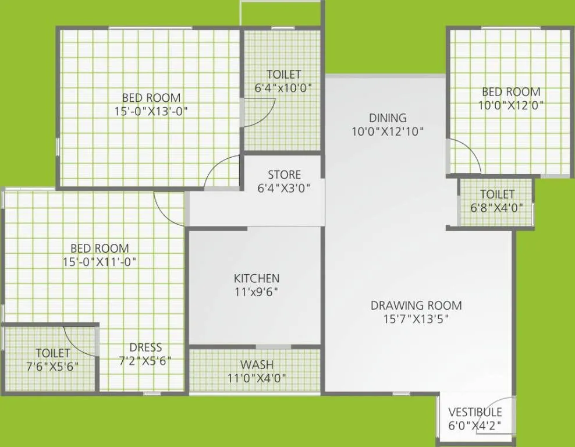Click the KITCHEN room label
(256, 278)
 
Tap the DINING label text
(388, 118)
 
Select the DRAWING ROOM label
(416, 305)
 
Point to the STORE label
(284, 175)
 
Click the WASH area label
(257, 365)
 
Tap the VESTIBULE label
(475, 412)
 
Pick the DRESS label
(145, 347)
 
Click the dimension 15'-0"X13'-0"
(151, 111)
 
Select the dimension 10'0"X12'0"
(511, 105)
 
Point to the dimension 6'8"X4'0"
(497, 207)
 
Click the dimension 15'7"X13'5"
(416, 319)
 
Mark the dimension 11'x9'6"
(256, 292)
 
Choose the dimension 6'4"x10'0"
(284, 88)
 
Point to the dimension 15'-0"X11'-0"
(100, 261)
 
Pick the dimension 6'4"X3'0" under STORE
(284, 188)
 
